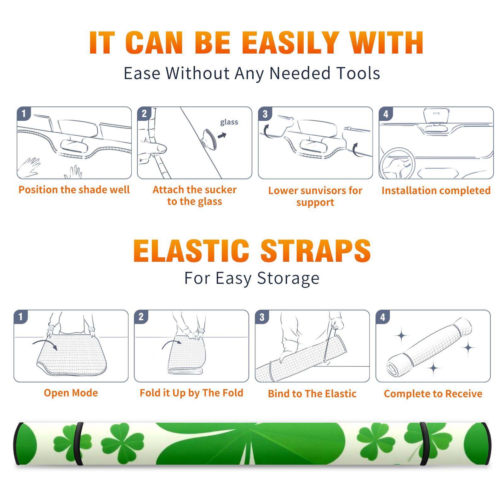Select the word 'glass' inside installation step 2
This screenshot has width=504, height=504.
(x=229, y=122)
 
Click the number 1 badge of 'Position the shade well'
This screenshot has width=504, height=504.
(x=24, y=113)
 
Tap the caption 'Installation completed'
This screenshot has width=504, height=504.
(x=436, y=190)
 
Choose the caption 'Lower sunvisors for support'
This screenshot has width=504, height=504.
(x=315, y=196)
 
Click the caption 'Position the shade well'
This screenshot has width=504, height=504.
(x=74, y=190)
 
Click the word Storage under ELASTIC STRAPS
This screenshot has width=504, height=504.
(x=288, y=278)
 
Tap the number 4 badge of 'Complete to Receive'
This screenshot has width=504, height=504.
(x=383, y=317)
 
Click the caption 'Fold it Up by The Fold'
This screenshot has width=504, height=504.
(x=192, y=393)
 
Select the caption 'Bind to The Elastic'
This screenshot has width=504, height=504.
(x=312, y=394)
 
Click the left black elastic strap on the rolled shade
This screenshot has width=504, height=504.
(x=78, y=444)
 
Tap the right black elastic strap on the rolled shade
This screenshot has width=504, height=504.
(x=424, y=444)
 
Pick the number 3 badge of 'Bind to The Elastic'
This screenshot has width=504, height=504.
(x=262, y=317)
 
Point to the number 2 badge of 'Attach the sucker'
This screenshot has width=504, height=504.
(x=144, y=113)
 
